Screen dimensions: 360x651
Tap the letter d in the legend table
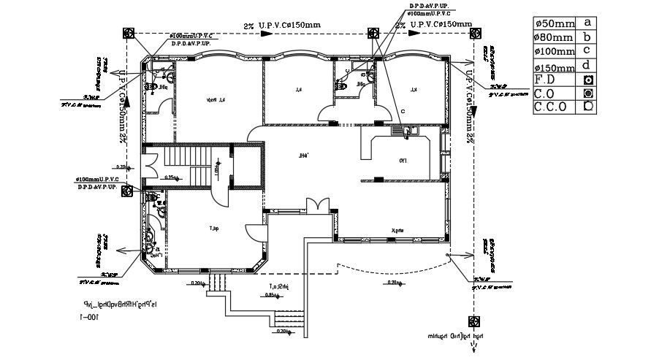[587, 64]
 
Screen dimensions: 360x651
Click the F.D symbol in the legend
[587, 79]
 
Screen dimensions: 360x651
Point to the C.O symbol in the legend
[587, 93]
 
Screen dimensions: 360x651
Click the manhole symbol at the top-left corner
[128, 33]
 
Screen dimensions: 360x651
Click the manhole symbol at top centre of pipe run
[373, 33]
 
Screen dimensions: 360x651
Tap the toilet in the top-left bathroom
[153, 86]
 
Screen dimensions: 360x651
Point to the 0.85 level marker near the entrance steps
[271, 296]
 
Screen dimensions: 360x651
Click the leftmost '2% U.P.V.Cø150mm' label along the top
[282, 25]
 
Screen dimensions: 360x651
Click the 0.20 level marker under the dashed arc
[395, 283]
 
